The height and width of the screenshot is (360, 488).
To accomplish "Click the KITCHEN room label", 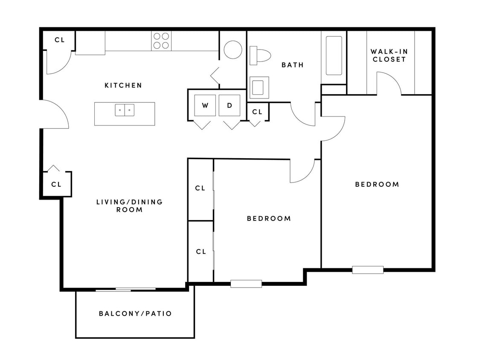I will (x=123, y=85).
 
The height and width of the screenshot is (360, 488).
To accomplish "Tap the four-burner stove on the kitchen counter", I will (x=161, y=41).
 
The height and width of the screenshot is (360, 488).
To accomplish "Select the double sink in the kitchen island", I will (x=125, y=110).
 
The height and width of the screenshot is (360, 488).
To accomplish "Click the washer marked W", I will (x=205, y=105).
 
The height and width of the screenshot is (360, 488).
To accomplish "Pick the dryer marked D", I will (x=229, y=105).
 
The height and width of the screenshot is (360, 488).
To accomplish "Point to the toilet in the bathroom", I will (x=261, y=55).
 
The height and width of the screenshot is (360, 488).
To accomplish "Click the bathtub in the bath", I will (x=334, y=55).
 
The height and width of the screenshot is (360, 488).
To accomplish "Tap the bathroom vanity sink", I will (x=259, y=87).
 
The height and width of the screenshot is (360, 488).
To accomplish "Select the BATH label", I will (x=293, y=65).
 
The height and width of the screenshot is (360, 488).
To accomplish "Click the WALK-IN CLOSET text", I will (x=389, y=55).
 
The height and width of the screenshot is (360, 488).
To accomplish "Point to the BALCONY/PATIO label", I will (x=135, y=314).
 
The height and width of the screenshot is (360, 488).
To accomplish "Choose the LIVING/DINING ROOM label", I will (x=129, y=206).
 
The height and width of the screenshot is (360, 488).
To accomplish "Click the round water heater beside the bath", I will (x=233, y=50).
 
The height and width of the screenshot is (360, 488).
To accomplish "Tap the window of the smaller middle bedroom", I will (x=246, y=284).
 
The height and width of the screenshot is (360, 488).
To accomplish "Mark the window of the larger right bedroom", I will (x=368, y=270).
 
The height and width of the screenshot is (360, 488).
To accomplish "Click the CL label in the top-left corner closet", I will (x=59, y=40).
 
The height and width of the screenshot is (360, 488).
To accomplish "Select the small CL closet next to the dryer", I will (x=257, y=112).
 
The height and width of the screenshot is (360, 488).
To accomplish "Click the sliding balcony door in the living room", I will (x=125, y=290).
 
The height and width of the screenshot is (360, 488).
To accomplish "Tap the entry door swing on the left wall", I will (x=55, y=114).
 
